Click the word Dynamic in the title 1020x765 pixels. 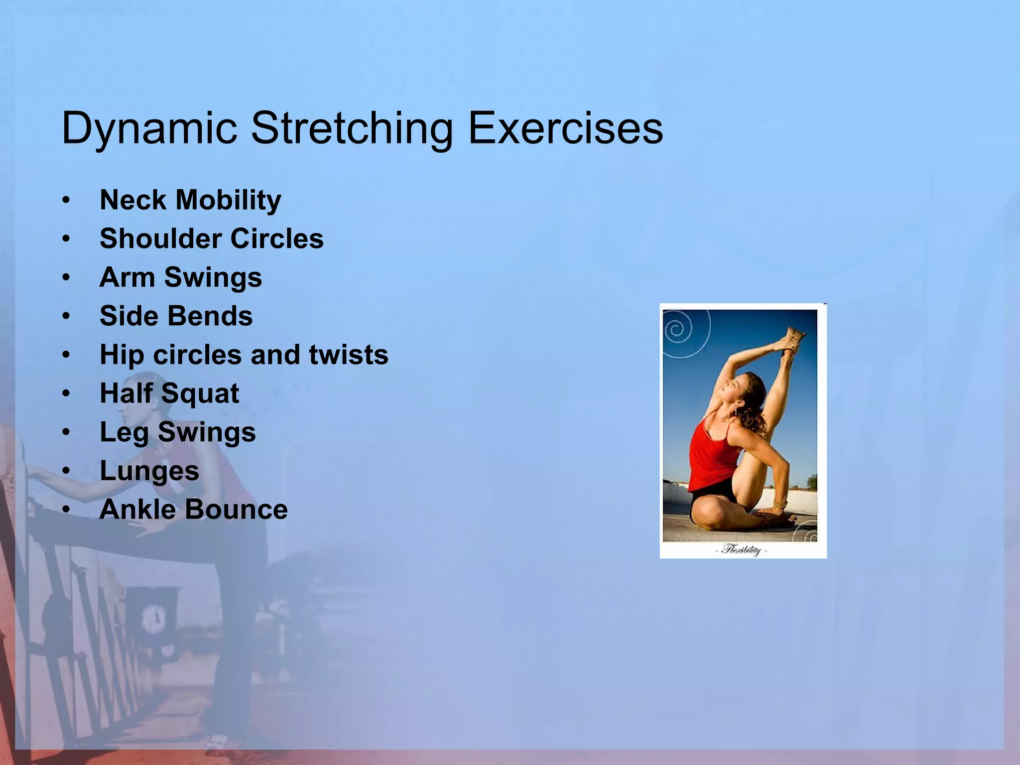pos(149,128)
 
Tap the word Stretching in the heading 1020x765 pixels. pos(352,128)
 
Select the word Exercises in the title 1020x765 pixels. pos(565,128)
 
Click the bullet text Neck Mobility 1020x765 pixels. pos(190,200)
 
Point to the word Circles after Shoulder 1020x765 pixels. pos(277,239)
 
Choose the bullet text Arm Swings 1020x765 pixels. pos(180,277)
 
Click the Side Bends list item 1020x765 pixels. pos(176,316)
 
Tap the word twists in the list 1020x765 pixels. pos(348,355)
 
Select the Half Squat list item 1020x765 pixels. pos(169,393)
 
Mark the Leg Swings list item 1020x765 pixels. pos(177,432)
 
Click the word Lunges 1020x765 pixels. pos(149,471)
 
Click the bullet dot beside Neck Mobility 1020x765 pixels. pos(66,201)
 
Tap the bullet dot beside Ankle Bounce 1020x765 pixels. pos(66,510)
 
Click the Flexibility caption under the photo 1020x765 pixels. pos(742,550)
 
